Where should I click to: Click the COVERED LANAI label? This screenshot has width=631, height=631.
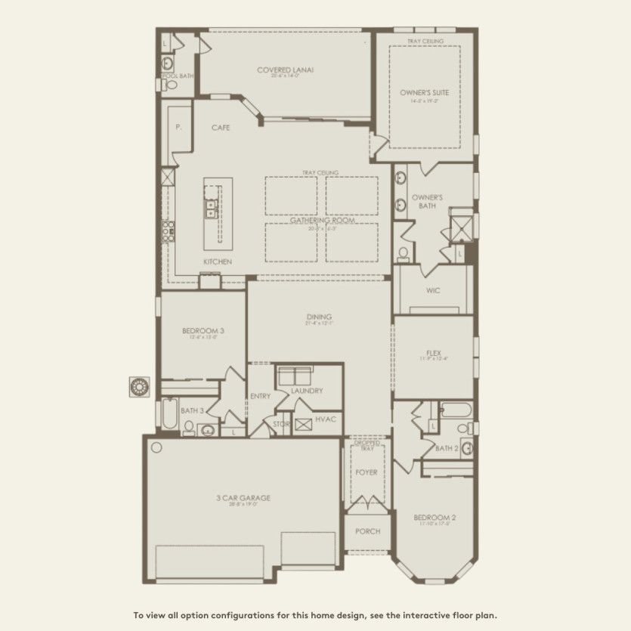tap(285, 70)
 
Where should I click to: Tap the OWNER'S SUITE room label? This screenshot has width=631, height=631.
tap(424, 92)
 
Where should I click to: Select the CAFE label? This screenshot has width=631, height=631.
tap(220, 128)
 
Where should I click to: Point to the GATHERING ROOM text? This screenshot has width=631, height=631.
tap(321, 220)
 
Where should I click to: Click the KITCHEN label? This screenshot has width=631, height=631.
tap(217, 261)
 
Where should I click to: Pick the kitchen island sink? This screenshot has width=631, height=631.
tap(209, 209)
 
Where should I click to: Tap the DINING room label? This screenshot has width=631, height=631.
tap(320, 317)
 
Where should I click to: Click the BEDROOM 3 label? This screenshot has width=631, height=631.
tap(203, 330)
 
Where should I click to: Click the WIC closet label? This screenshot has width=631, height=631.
tap(433, 290)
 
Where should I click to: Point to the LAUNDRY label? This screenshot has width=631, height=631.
tap(307, 391)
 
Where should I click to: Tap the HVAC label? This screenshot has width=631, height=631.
tap(326, 419)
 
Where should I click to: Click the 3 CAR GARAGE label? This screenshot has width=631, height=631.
tap(243, 497)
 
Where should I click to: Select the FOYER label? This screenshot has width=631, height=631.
tap(367, 472)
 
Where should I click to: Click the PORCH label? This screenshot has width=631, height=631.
tap(367, 531)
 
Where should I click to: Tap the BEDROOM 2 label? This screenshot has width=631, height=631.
tap(434, 518)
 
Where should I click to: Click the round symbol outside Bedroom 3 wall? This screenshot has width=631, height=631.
tap(139, 386)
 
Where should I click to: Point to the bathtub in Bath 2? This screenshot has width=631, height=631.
tap(456, 410)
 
